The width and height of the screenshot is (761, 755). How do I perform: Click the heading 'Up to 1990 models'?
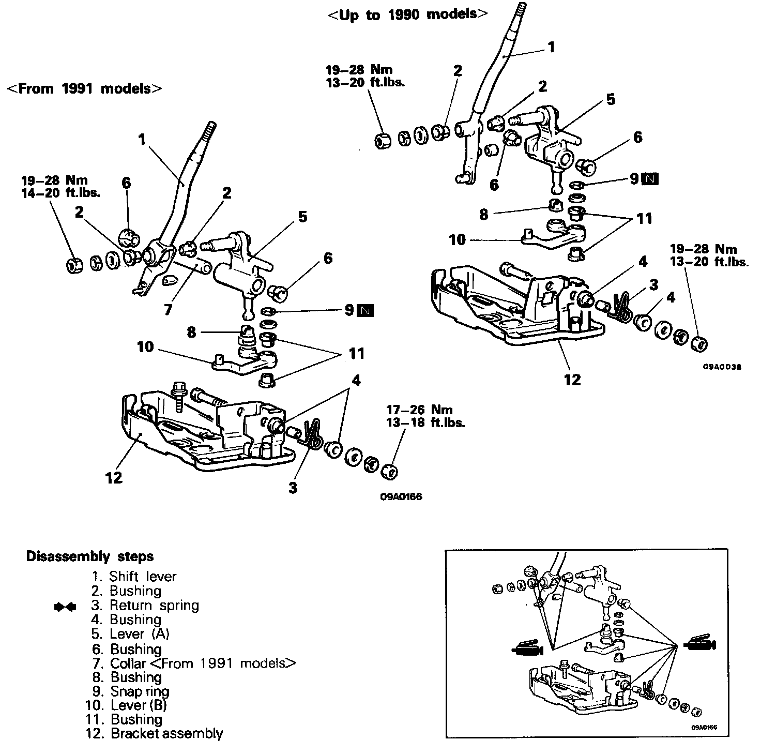407,14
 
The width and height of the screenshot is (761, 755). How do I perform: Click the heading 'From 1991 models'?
84,88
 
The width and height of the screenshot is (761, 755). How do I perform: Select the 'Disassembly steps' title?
90,557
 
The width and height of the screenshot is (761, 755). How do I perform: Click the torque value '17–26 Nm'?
419,411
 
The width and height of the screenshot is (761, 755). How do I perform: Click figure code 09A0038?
722,367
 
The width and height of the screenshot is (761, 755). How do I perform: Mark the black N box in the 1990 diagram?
650,179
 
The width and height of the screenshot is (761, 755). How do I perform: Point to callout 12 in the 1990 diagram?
572,380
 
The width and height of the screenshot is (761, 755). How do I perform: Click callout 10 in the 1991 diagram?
145,346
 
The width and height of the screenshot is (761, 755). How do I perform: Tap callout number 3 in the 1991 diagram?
293,487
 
